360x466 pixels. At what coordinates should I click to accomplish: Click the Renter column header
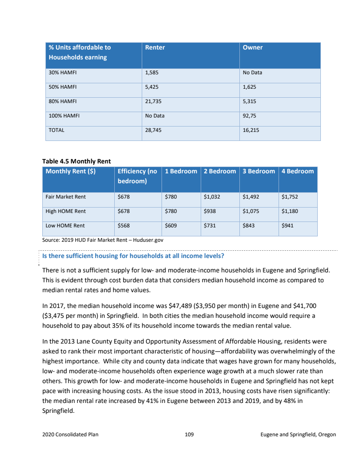click(155, 47)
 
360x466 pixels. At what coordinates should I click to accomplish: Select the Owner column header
click(252, 47)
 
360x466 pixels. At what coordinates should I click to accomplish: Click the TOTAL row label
click(57, 130)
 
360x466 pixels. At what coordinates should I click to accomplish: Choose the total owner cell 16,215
click(251, 130)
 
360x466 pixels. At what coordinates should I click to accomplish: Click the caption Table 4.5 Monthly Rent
click(76, 161)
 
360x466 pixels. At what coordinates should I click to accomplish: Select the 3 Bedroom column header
click(259, 171)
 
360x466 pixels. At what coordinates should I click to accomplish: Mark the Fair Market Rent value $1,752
click(289, 197)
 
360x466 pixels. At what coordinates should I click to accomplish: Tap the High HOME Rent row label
click(66, 211)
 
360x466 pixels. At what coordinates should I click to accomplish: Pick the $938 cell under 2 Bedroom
click(209, 211)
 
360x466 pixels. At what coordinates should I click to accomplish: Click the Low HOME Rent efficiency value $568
click(124, 226)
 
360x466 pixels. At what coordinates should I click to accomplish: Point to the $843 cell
click(248, 226)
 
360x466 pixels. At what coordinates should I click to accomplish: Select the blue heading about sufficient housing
click(133, 256)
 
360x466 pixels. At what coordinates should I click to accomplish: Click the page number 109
click(189, 434)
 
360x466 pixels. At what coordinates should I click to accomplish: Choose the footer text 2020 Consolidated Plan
click(70, 434)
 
